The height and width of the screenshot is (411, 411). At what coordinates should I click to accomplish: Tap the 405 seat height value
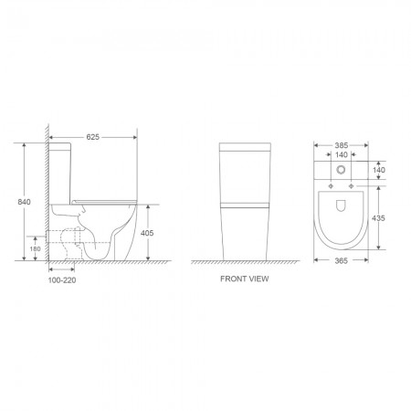149,234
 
